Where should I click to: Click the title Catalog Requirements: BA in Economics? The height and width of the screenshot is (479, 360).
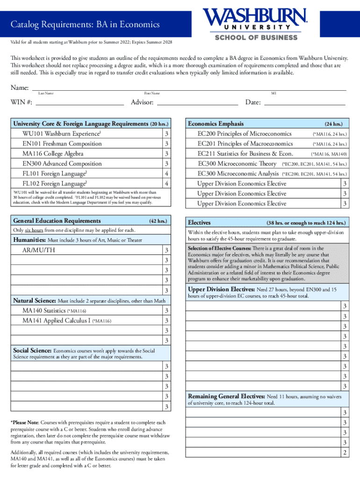coord(86,24)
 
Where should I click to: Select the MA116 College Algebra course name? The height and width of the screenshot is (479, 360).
coord(53,154)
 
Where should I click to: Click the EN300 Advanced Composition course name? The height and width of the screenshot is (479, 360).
coord(62,164)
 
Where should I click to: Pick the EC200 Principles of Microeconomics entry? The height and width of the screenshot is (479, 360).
coord(245,134)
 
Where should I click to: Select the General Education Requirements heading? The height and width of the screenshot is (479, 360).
coord(57,221)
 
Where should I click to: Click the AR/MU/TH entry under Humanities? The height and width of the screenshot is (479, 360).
coord(39,250)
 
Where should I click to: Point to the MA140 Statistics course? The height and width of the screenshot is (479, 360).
coord(45,311)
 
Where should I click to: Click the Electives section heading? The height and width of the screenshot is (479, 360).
coord(199,223)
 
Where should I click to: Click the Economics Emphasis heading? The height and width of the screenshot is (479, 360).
coord(216,124)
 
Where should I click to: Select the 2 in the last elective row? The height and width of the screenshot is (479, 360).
coord(345,452)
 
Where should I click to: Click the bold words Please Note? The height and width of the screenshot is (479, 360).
coord(25,422)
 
